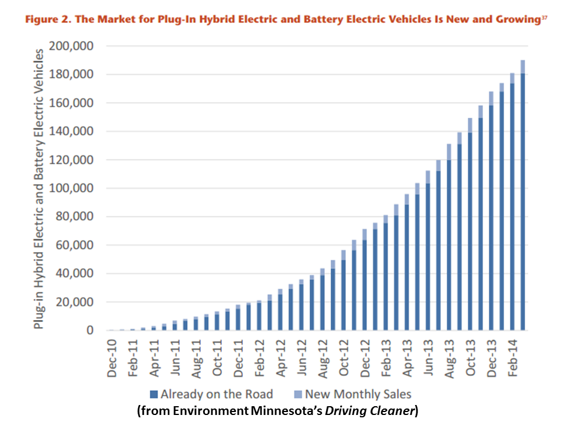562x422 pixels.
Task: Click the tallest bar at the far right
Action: pyautogui.click(x=522, y=199)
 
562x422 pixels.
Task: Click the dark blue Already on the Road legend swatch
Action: pyautogui.click(x=154, y=394)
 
